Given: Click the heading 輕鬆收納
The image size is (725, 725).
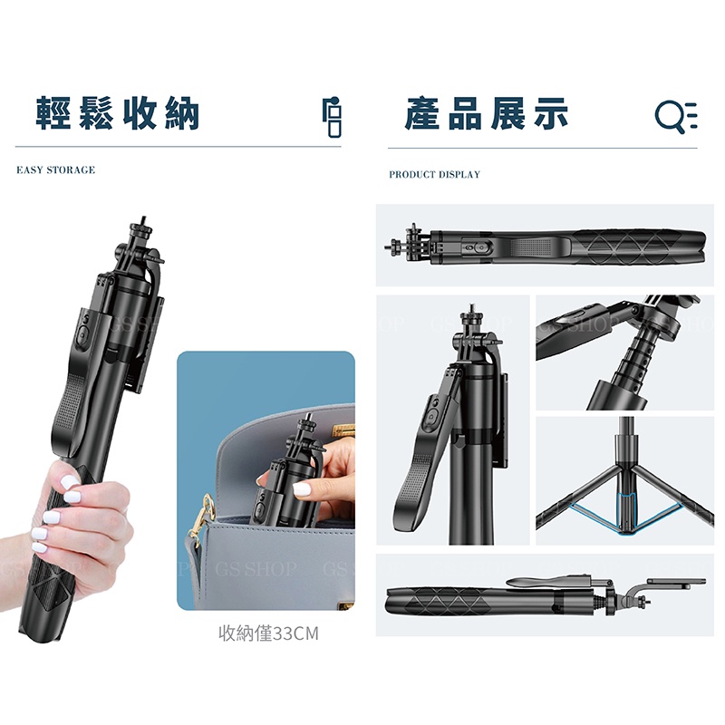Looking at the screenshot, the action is pos(118,113).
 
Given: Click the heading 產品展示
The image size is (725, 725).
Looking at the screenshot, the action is pos(487,113).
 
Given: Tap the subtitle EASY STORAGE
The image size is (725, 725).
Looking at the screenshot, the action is pos(56,170).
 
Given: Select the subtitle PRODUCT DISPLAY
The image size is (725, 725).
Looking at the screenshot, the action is pos(435,174).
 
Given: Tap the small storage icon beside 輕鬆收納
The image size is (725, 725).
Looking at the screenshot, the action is pos(333,118).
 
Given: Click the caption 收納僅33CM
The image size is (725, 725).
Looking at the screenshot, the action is pos(268,633).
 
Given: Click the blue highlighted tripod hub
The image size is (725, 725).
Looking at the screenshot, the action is pos(626,513).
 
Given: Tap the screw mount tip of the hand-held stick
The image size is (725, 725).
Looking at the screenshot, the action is pos(143,220).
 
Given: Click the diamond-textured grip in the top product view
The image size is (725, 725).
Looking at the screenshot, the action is pos(638,247).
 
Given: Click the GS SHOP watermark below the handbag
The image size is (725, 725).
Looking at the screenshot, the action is pos(256,568).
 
